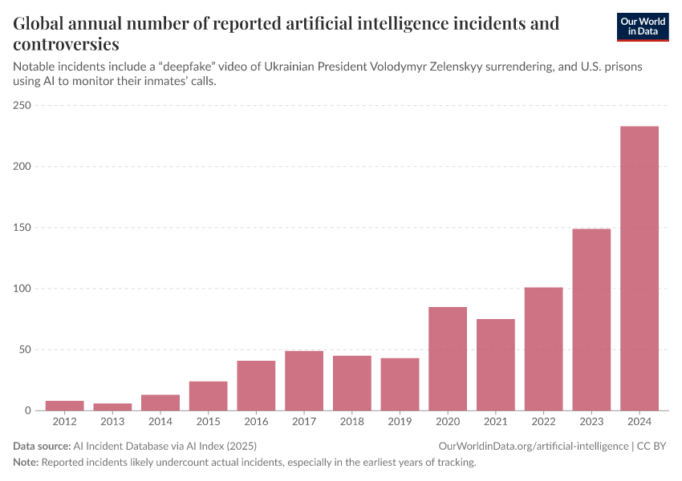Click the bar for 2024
click(x=639, y=269)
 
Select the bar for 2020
click(x=448, y=358)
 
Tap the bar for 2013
click(x=112, y=406)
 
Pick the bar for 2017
click(x=304, y=381)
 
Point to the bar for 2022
click(x=543, y=349)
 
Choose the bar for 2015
click(x=209, y=396)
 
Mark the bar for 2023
click(x=591, y=320)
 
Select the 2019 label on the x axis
click(x=400, y=422)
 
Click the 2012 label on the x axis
click(x=65, y=422)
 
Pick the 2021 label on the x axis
click(x=496, y=422)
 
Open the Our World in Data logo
click(x=642, y=26)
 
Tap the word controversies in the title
click(x=66, y=43)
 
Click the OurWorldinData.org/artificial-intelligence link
click(x=533, y=446)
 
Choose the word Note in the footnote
click(x=25, y=463)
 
